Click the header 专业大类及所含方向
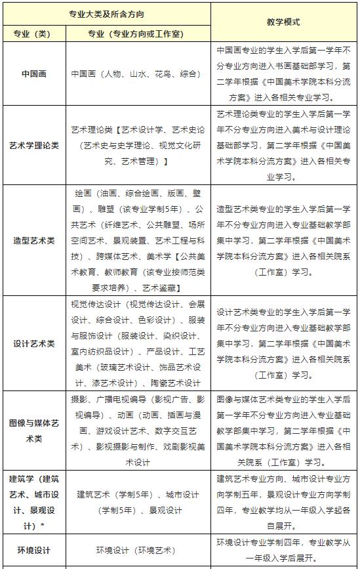click(x=107, y=14)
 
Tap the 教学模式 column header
click(x=283, y=22)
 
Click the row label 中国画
click(x=33, y=74)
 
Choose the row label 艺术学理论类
click(x=33, y=145)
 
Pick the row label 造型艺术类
click(x=33, y=240)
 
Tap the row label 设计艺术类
click(x=33, y=343)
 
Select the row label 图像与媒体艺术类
click(x=33, y=431)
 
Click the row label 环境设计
click(x=33, y=551)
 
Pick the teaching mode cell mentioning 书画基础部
click(x=283, y=74)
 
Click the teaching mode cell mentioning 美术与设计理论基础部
click(x=283, y=145)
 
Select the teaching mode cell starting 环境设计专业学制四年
click(x=283, y=551)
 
